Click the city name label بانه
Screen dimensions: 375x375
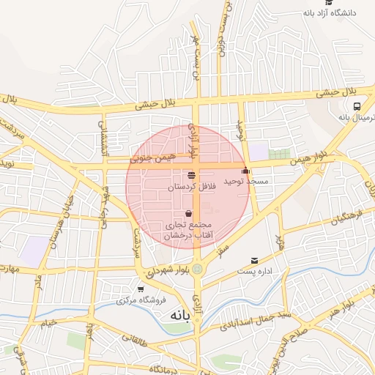click(x=179, y=315)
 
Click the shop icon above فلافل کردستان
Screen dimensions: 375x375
click(x=191, y=175)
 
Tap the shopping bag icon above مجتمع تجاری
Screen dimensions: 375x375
click(x=188, y=213)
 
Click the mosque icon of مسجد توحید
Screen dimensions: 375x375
click(x=245, y=171)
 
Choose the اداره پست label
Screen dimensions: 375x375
click(x=255, y=272)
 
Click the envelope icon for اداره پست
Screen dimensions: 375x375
click(x=254, y=260)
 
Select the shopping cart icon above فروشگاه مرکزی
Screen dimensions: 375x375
click(x=141, y=289)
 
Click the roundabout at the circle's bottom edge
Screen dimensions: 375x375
click(x=197, y=269)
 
